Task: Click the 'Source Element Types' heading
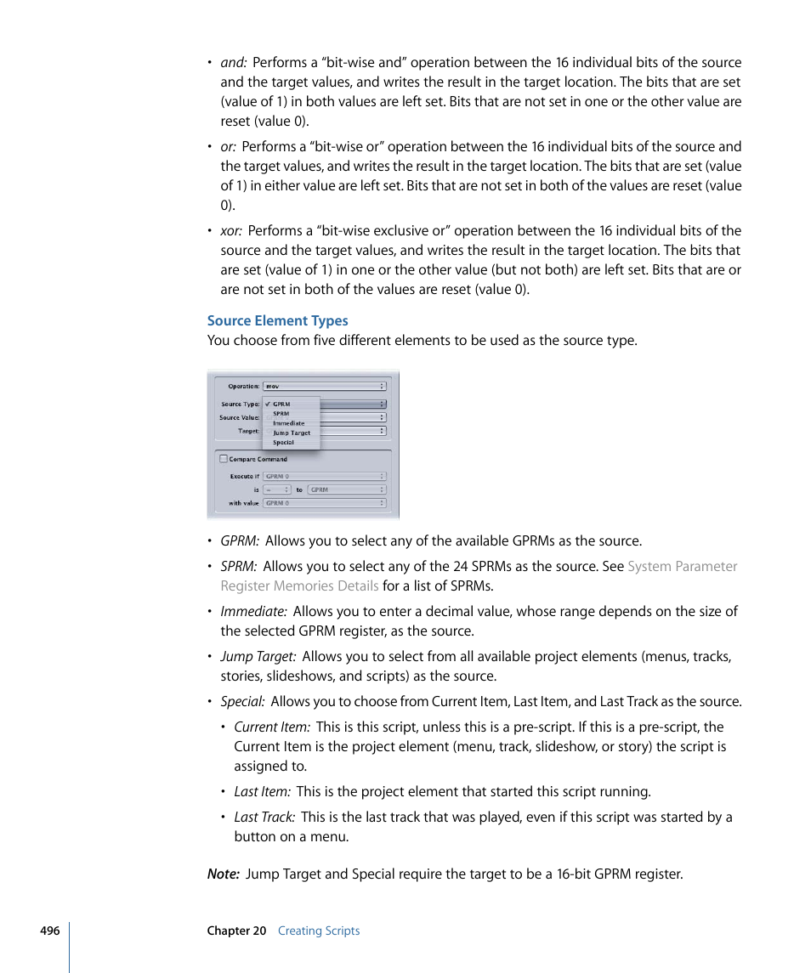pyautogui.click(x=277, y=320)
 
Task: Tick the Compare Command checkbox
pyautogui.click(x=224, y=459)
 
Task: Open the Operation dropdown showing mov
pyautogui.click(x=324, y=386)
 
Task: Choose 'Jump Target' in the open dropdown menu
pyautogui.click(x=292, y=433)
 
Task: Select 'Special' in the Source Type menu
pyautogui.click(x=283, y=442)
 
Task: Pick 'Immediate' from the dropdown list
pyautogui.click(x=288, y=423)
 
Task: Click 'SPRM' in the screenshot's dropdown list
pyautogui.click(x=281, y=414)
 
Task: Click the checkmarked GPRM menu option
pyautogui.click(x=281, y=404)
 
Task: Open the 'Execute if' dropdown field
pyautogui.click(x=324, y=477)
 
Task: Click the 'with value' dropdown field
pyautogui.click(x=324, y=503)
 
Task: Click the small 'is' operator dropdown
pyautogui.click(x=276, y=489)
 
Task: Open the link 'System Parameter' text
pyautogui.click(x=682, y=566)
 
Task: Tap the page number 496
pyautogui.click(x=49, y=931)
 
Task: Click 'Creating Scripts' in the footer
pyautogui.click(x=319, y=931)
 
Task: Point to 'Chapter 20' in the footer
pyautogui.click(x=236, y=931)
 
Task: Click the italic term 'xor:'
pyautogui.click(x=231, y=230)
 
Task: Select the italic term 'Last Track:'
pyautogui.click(x=264, y=817)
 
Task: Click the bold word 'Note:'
pyautogui.click(x=223, y=874)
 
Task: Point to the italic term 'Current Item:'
pyautogui.click(x=272, y=727)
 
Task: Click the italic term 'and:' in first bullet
pyautogui.click(x=234, y=62)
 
